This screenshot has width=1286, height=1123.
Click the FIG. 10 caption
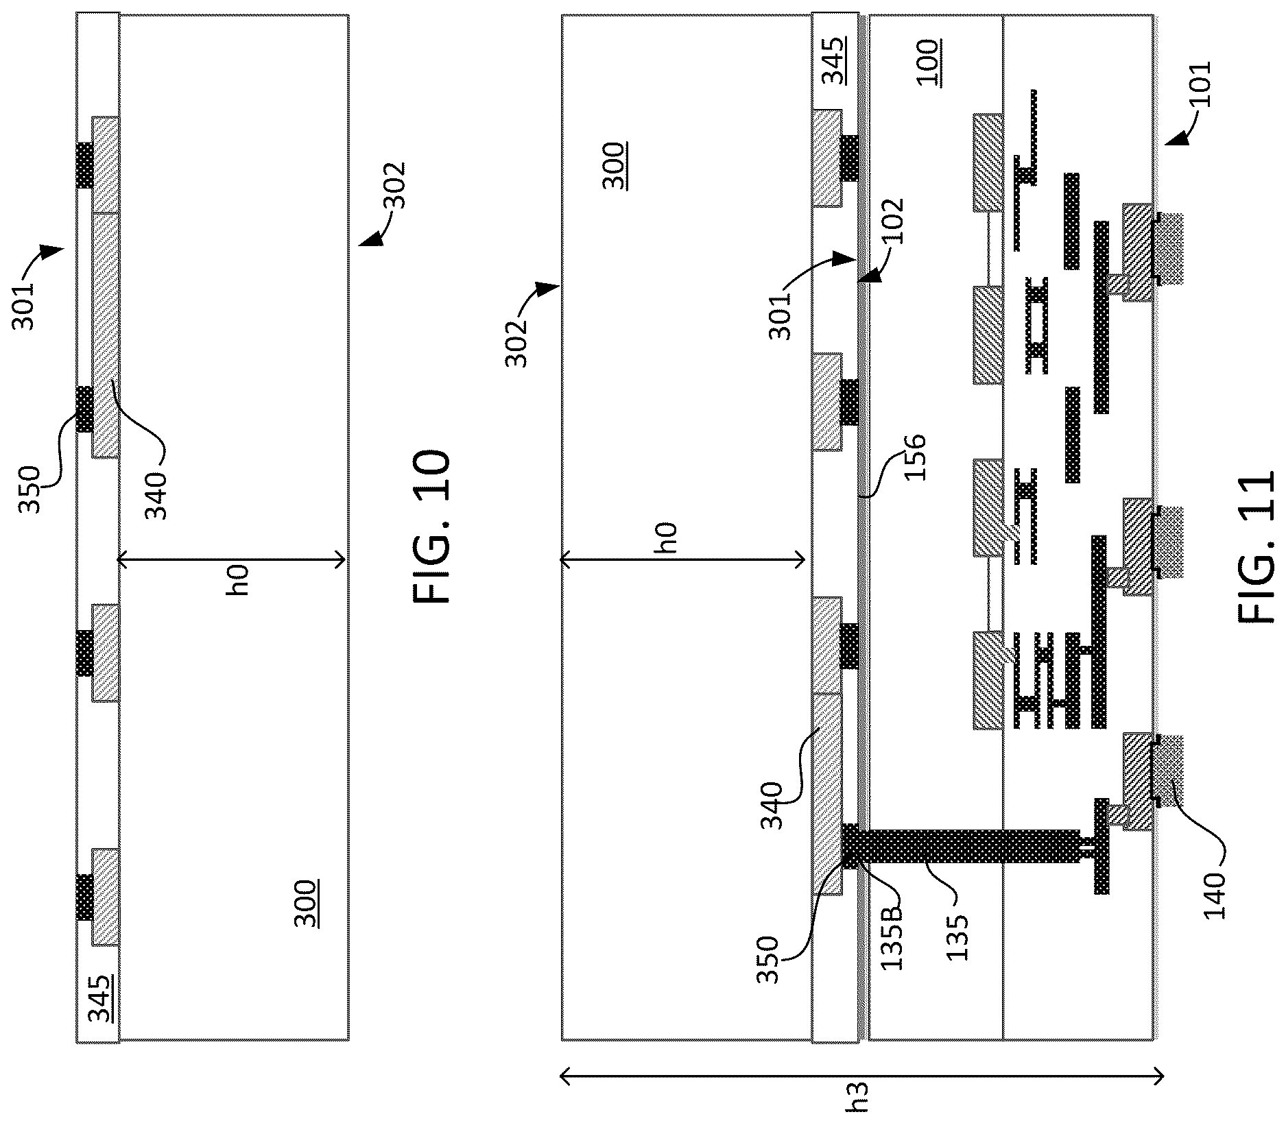pyautogui.click(x=432, y=526)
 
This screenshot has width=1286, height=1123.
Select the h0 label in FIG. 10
pyautogui.click(x=238, y=579)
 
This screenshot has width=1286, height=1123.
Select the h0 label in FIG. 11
pyautogui.click(x=669, y=537)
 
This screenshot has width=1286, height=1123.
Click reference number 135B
pyautogui.click(x=892, y=935)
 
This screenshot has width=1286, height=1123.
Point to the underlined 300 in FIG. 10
pyautogui.click(x=307, y=903)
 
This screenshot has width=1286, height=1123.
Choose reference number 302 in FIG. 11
pyautogui.click(x=519, y=343)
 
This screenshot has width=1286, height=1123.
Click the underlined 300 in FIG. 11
pyautogui.click(x=613, y=165)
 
